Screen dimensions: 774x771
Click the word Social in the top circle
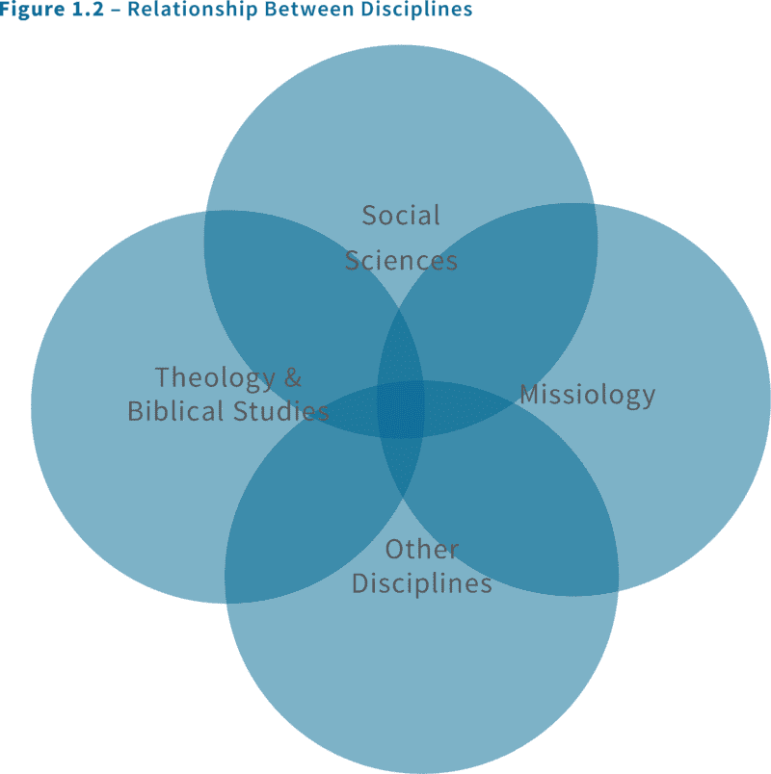click(x=401, y=216)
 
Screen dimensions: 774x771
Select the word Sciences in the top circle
click(x=401, y=261)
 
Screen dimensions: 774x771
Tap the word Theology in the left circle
click(x=206, y=377)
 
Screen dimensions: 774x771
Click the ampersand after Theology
click(x=292, y=377)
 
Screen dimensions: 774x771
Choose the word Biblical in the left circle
click(x=174, y=412)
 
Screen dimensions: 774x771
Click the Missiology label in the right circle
click(x=587, y=395)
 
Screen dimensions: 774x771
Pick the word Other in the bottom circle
click(x=422, y=550)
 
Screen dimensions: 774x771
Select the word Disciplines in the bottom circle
click(x=422, y=583)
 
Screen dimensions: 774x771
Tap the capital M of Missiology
click(x=529, y=395)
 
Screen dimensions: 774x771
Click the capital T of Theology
click(x=163, y=377)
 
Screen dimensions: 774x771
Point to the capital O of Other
click(x=394, y=550)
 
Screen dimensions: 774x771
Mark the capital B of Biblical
click(x=135, y=412)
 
